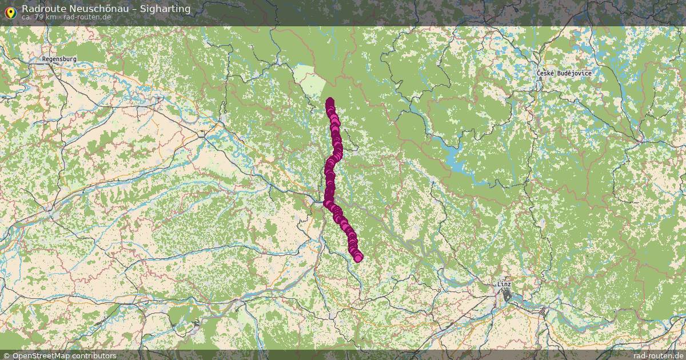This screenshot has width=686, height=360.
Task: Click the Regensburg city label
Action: click(x=59, y=59)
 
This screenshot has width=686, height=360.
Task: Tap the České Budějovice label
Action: click(x=564, y=73)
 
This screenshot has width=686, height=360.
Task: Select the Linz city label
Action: click(x=504, y=284)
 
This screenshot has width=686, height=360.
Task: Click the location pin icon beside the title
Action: click(x=10, y=11)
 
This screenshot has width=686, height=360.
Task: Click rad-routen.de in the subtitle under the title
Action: click(x=87, y=17)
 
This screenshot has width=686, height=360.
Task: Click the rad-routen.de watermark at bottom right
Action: click(x=658, y=355)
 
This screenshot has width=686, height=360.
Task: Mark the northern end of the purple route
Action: click(x=330, y=102)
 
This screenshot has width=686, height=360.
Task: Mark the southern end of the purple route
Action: click(x=358, y=258)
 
